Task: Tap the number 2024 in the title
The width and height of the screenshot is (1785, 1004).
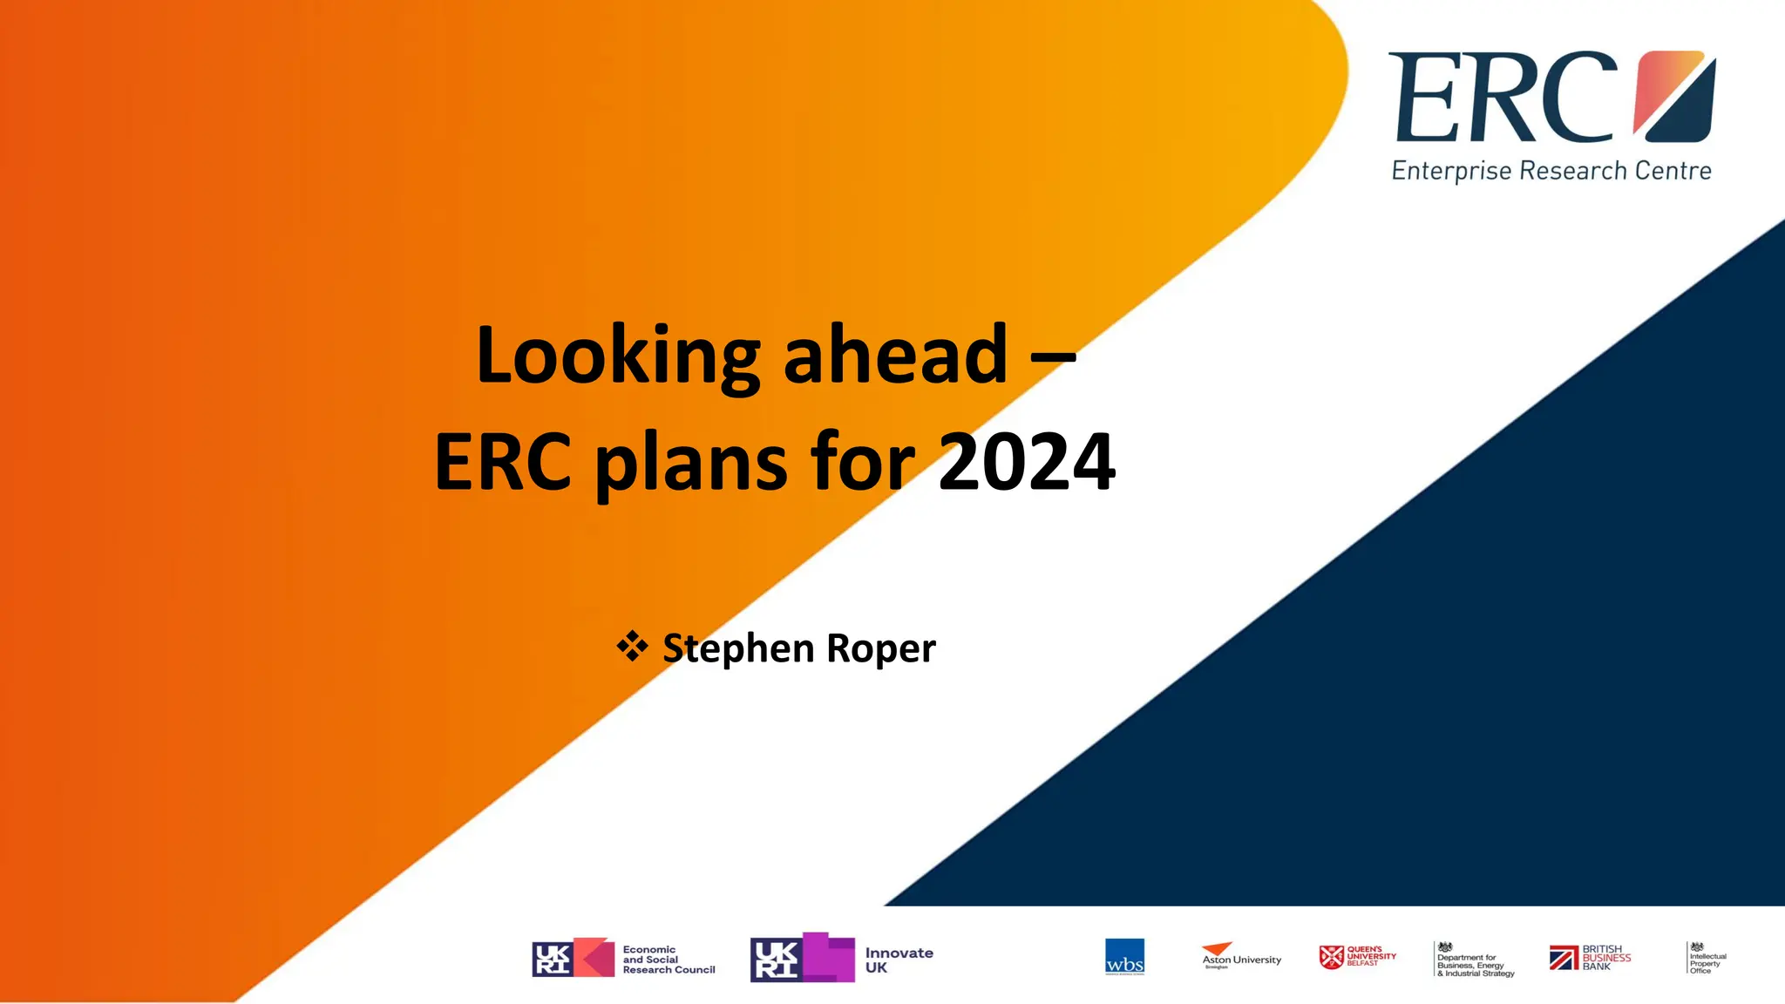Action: pyautogui.click(x=1027, y=461)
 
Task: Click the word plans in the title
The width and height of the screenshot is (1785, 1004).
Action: pyautogui.click(x=691, y=463)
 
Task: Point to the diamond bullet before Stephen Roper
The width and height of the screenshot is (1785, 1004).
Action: pyautogui.click(x=632, y=647)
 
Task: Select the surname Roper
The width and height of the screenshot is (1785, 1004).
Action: pyautogui.click(x=880, y=648)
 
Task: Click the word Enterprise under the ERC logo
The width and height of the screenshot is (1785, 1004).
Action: pyautogui.click(x=1451, y=171)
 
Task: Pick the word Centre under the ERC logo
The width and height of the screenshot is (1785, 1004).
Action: pyautogui.click(x=1673, y=171)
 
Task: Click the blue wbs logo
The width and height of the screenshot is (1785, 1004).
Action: pyautogui.click(x=1124, y=957)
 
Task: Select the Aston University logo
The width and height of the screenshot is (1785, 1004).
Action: pyautogui.click(x=1241, y=956)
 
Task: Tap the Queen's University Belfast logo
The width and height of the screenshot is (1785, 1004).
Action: pyautogui.click(x=1357, y=957)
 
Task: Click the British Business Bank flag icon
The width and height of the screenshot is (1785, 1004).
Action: pyautogui.click(x=1564, y=958)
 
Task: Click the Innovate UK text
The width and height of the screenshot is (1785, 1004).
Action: pyautogui.click(x=899, y=960)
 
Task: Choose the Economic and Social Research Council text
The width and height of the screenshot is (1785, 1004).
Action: pyautogui.click(x=668, y=960)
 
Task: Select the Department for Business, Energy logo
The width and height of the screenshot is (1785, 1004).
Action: pyautogui.click(x=1474, y=960)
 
